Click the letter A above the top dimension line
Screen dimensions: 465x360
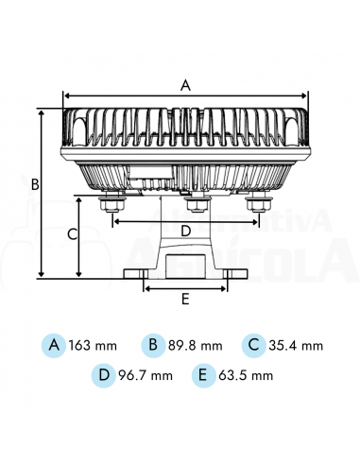[x=185, y=84]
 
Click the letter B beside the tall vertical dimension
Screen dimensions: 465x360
[x=34, y=184]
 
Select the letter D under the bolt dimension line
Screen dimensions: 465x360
[x=185, y=231]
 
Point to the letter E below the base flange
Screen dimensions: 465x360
[x=185, y=299]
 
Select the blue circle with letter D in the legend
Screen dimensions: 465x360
[x=104, y=374]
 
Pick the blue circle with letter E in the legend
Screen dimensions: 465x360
[x=201, y=374]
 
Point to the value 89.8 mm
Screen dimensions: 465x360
[x=196, y=345]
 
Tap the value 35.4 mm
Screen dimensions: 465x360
[x=296, y=345]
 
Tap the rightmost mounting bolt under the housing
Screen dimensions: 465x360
[x=258, y=201]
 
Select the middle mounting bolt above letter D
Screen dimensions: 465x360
[x=196, y=203]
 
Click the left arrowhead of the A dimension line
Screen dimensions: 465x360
[x=66, y=95]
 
